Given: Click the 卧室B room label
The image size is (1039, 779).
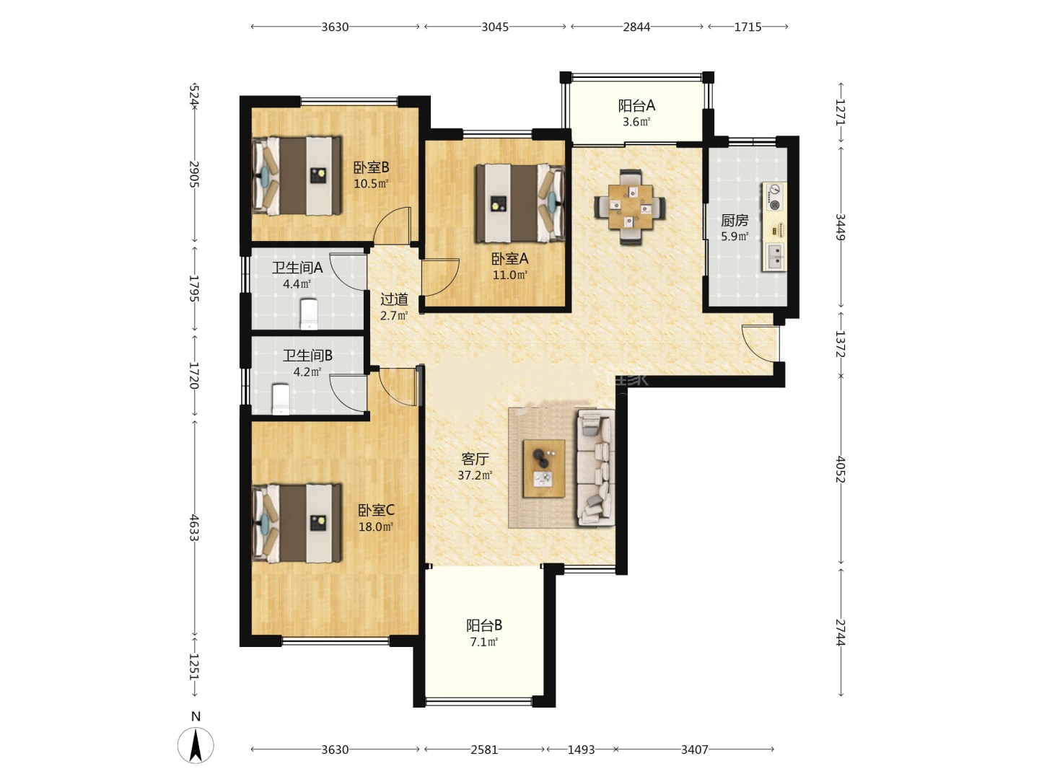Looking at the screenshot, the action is [371, 167].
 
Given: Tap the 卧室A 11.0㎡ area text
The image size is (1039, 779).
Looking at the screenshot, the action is [510, 275].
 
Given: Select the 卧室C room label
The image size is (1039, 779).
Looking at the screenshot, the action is [376, 511].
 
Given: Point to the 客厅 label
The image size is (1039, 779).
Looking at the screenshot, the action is [475, 459].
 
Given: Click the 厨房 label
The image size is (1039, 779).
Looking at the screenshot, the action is [735, 221].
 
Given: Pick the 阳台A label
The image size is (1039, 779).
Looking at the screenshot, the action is [636, 106].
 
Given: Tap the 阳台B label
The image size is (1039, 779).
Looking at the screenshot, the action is [483, 626].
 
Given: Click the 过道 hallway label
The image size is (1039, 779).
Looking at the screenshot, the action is [394, 299].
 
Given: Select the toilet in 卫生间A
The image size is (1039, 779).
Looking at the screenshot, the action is [309, 314].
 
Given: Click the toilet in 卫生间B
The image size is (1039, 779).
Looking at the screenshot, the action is [281, 400].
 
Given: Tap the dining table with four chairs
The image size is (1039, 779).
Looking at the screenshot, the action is [630, 207].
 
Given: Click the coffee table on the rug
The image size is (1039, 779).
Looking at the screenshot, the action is [544, 469].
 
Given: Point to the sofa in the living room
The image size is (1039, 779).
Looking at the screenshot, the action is [595, 468].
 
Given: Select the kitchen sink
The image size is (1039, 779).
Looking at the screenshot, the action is [775, 257].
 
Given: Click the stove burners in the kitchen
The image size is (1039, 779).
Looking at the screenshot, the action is [774, 197].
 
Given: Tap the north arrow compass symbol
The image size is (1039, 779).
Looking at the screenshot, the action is [196, 745].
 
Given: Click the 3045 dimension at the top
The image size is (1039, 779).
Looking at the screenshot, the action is [495, 27].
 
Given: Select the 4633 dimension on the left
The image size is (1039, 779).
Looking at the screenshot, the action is [194, 527].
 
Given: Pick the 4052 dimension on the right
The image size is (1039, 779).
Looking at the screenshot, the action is [841, 469].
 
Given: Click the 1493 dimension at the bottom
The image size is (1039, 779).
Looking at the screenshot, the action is [581, 749].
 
